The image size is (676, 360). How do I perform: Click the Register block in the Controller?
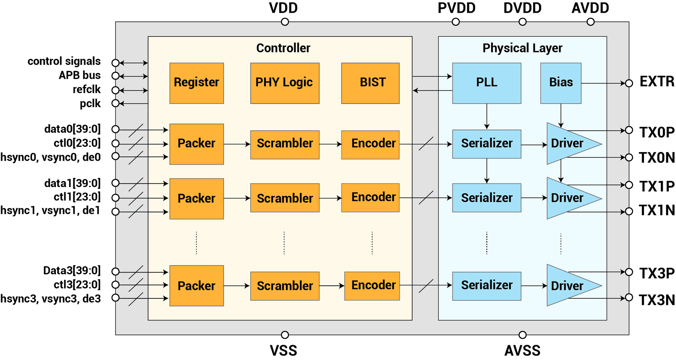pyautogui.click(x=196, y=83)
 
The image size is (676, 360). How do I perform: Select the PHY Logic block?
pyautogui.click(x=285, y=83)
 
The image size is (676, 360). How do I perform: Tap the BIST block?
pyautogui.click(x=370, y=83)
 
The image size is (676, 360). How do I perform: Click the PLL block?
pyautogui.click(x=487, y=83)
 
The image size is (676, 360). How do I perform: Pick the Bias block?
pyautogui.click(x=561, y=83)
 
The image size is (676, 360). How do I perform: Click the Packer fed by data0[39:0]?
pyautogui.click(x=196, y=144)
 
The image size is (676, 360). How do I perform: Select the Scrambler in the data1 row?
pyautogui.click(x=285, y=198)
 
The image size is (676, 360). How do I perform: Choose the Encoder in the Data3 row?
pyautogui.click(x=372, y=286)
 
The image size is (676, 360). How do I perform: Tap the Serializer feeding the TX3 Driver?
pyautogui.click(x=487, y=286)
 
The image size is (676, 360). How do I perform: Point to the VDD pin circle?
pyautogui.click(x=285, y=22)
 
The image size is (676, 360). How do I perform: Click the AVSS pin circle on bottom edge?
pyautogui.click(x=522, y=335)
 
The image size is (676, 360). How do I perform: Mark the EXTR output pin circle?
pyautogui.click(x=629, y=83)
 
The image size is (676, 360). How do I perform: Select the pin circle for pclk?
pyautogui.click(x=115, y=104)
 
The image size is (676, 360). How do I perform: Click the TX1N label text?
pyautogui.click(x=657, y=211)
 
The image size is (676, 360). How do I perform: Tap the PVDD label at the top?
pyautogui.click(x=456, y=8)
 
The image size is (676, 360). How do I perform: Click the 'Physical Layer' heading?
pyautogui.click(x=522, y=48)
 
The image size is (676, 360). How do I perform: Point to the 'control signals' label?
pyautogui.click(x=64, y=61)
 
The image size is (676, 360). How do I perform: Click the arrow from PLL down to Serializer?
pyautogui.click(x=487, y=117)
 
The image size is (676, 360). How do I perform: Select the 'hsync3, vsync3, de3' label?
pyautogui.click(x=51, y=299)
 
